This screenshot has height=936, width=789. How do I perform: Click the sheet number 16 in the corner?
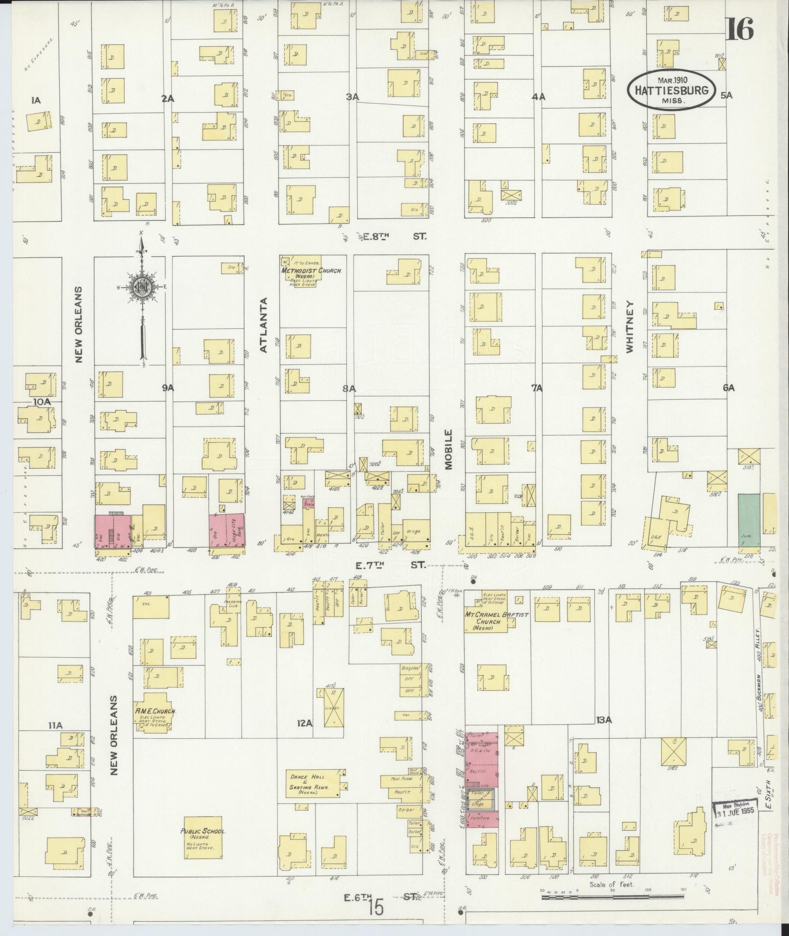(739, 30)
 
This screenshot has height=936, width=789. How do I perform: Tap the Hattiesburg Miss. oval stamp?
(672, 90)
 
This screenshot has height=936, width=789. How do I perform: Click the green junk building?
(749, 520)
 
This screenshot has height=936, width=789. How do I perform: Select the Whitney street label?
(630, 327)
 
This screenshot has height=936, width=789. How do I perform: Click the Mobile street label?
(448, 449)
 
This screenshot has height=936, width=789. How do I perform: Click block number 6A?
(729, 388)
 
